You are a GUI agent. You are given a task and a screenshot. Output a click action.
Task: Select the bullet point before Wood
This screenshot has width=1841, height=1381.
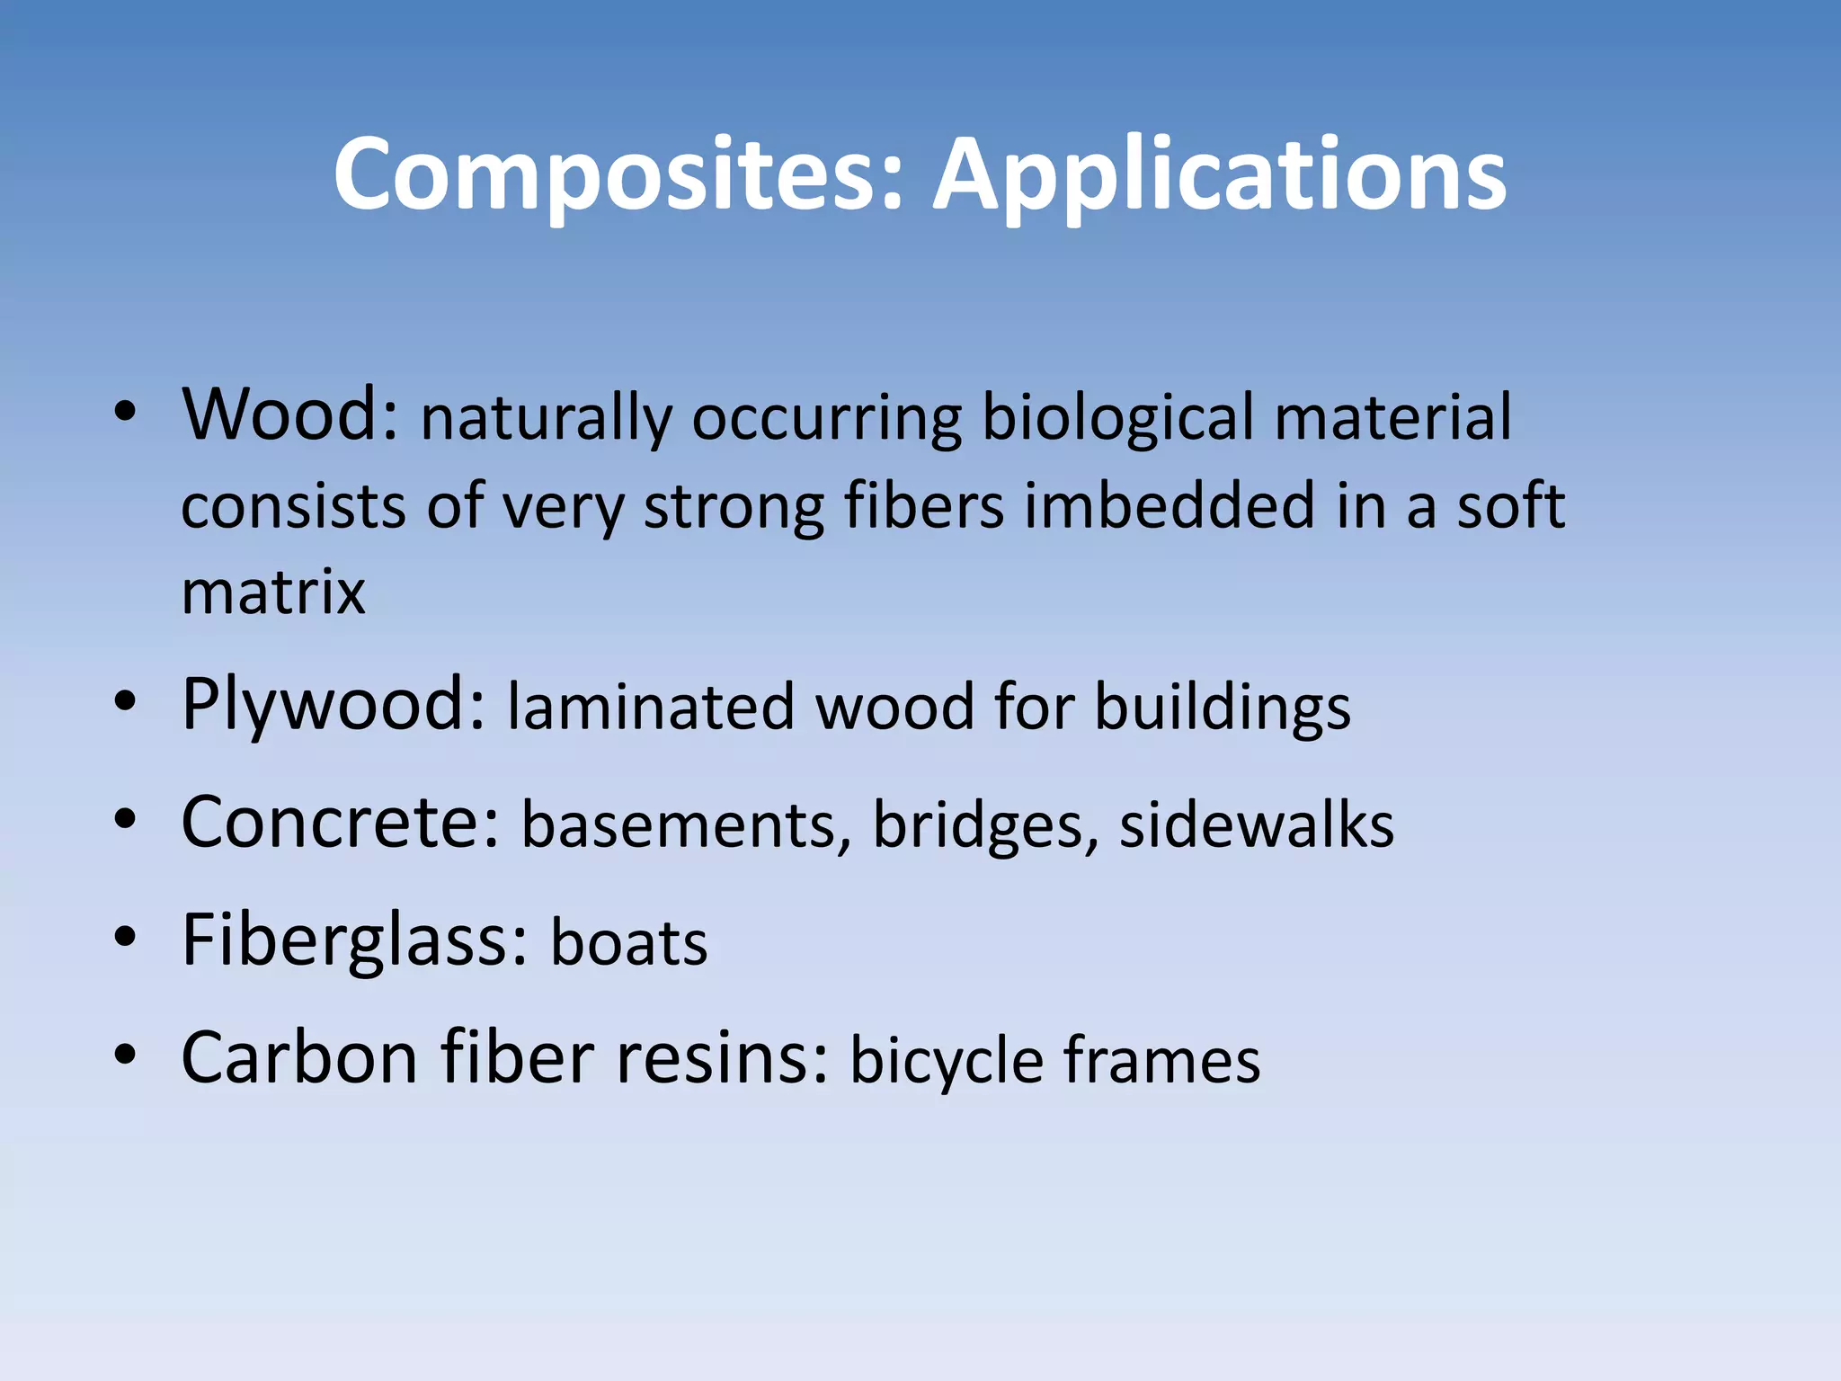click(125, 412)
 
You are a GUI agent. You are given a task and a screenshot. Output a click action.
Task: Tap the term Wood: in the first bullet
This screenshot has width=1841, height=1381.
click(289, 415)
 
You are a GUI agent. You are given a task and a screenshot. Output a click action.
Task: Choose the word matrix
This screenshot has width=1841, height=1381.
click(273, 593)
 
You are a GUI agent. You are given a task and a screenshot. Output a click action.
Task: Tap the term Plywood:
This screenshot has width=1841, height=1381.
click(334, 706)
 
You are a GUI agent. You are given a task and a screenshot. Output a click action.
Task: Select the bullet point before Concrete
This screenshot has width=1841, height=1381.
click(125, 819)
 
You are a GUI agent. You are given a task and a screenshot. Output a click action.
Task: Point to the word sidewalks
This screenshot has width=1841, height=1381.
click(1256, 825)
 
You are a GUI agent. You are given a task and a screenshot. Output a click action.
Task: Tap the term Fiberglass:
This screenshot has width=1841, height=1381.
click(354, 941)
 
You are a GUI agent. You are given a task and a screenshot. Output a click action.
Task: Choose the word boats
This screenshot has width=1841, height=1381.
click(628, 943)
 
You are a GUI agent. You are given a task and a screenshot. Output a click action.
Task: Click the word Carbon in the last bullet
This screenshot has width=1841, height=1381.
click(299, 1058)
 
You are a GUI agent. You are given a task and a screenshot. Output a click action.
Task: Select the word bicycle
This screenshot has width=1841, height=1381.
click(947, 1062)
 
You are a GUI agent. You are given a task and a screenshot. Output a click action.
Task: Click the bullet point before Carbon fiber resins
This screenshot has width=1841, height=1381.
click(125, 1055)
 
